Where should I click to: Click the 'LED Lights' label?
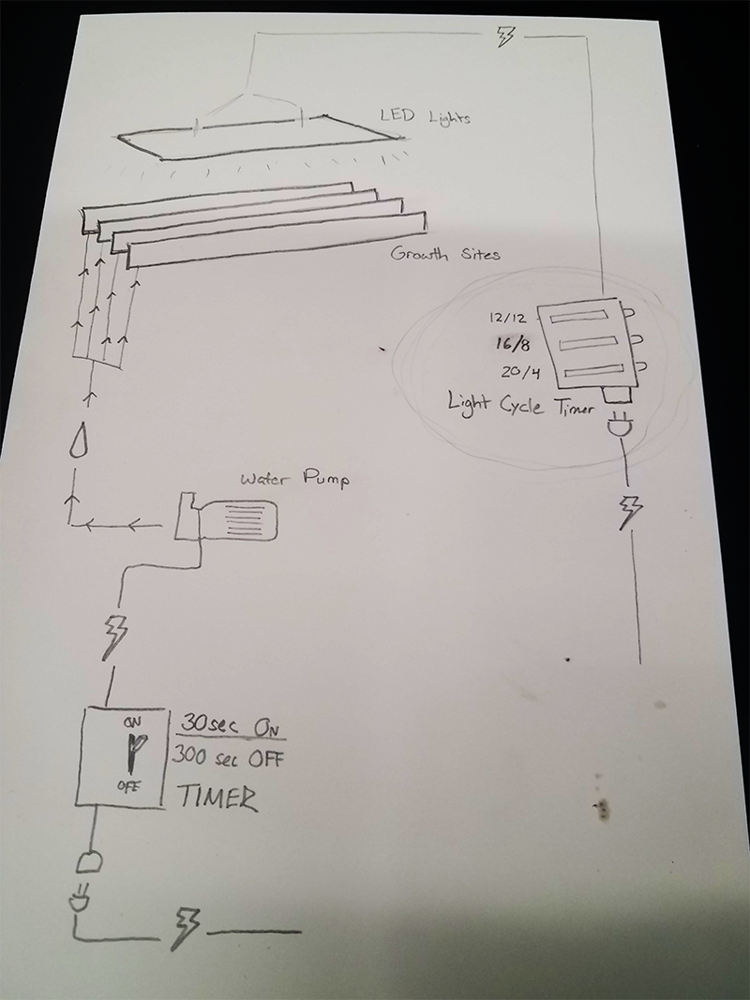click(425, 117)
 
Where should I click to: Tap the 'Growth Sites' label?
click(445, 254)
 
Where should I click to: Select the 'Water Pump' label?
click(294, 478)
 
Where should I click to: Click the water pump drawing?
click(226, 519)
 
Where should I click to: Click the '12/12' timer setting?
click(508, 317)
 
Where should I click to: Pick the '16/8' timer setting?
click(513, 344)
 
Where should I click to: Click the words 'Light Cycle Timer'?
click(519, 404)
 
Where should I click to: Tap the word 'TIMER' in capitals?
click(217, 798)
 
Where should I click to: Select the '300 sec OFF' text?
click(227, 757)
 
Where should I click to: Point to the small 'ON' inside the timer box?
click(132, 723)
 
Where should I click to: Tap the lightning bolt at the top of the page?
click(504, 36)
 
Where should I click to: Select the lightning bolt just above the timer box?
click(117, 635)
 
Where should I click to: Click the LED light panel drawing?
click(259, 138)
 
